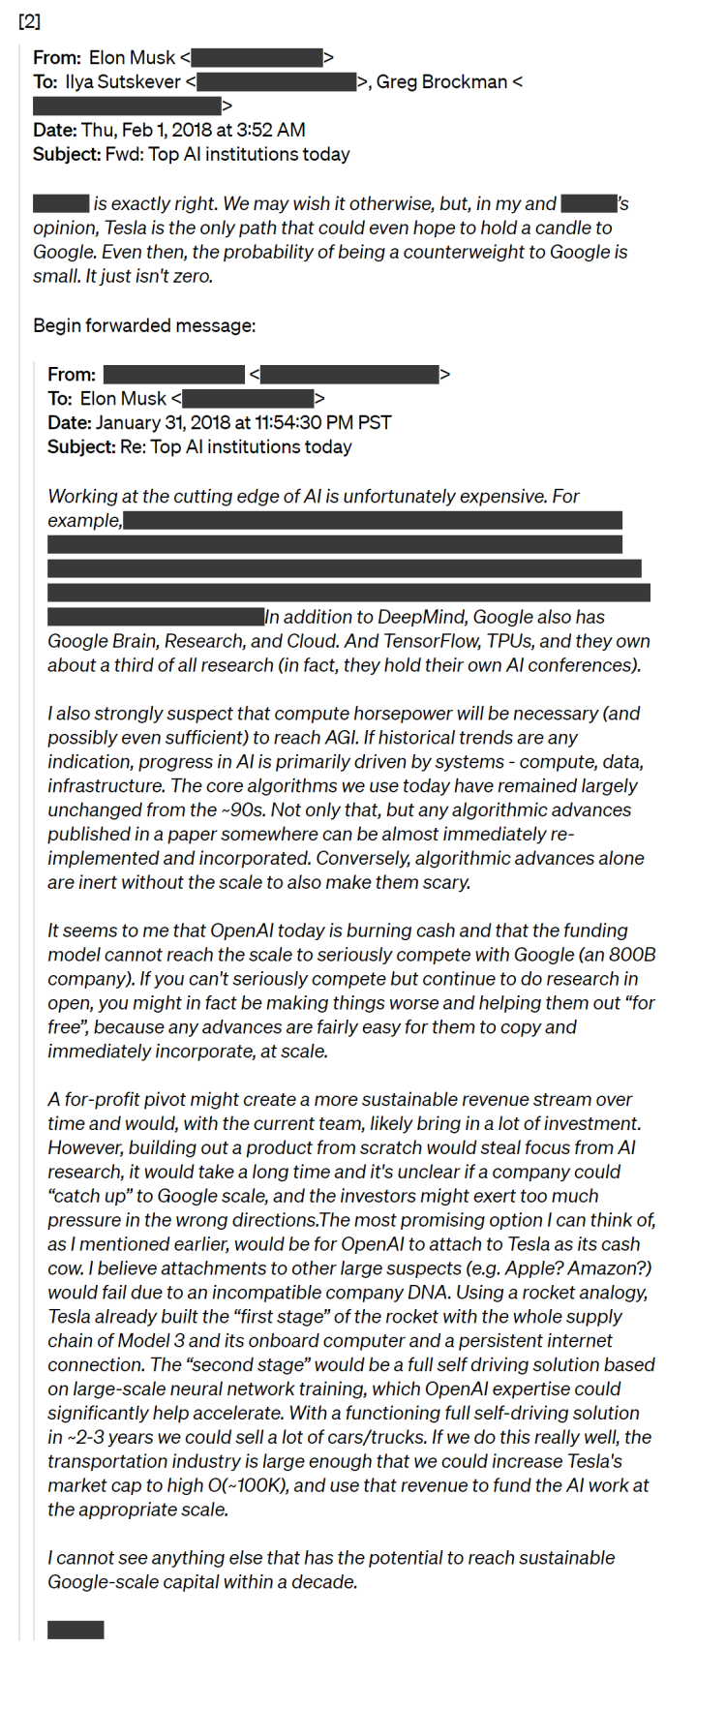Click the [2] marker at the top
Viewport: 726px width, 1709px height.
click(x=29, y=21)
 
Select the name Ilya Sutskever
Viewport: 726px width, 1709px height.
click(x=123, y=82)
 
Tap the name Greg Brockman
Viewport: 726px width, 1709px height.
click(x=441, y=82)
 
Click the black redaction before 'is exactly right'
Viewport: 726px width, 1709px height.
click(x=61, y=203)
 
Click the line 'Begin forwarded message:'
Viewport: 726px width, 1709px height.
click(x=144, y=325)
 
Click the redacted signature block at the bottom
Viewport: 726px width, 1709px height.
click(x=76, y=1630)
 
